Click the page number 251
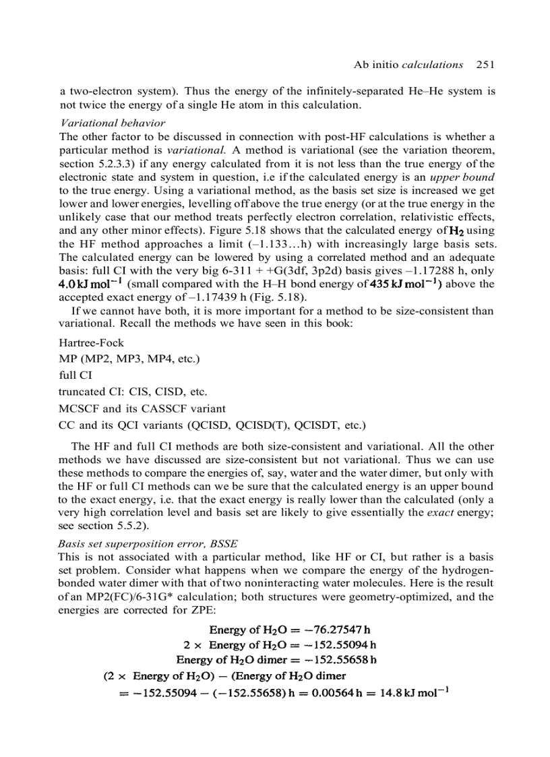coord(485,65)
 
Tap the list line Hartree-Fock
coord(92,342)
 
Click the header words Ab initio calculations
coord(408,65)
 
